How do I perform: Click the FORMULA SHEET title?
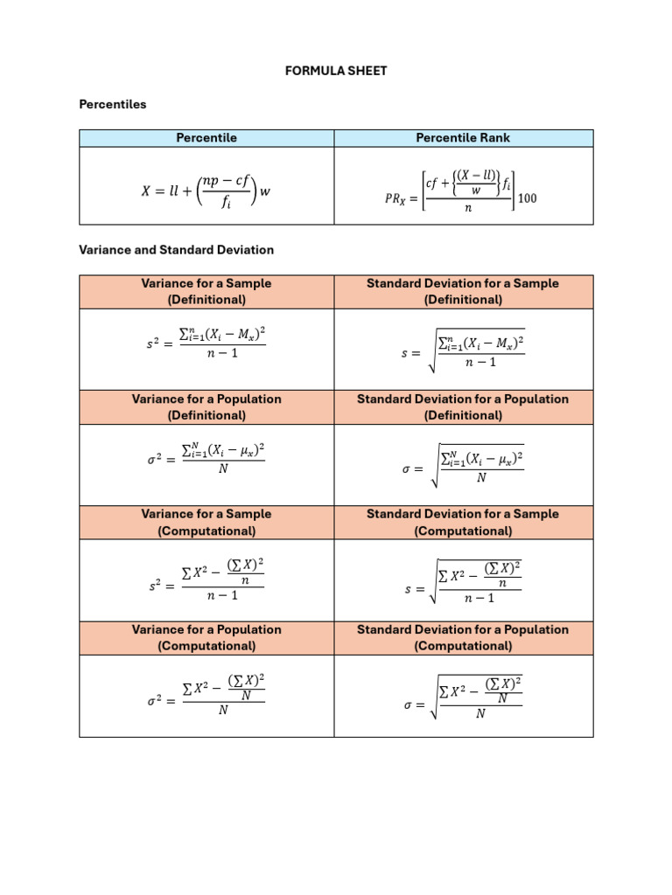[x=335, y=71]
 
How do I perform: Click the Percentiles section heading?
[x=113, y=105]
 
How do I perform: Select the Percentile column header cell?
[x=206, y=138]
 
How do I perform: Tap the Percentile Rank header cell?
[x=464, y=138]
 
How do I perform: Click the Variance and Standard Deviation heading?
[x=176, y=250]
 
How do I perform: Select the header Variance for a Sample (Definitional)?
[x=206, y=292]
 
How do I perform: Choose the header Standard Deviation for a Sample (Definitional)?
[x=464, y=292]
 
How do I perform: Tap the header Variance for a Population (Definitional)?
[x=206, y=407]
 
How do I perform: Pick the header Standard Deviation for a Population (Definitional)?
[x=464, y=407]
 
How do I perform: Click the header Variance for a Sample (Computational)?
[x=206, y=523]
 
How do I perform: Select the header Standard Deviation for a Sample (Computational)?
[x=464, y=523]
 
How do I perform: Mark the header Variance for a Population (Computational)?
[x=206, y=638]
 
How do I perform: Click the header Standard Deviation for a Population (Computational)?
[x=464, y=638]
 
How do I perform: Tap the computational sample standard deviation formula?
[x=463, y=582]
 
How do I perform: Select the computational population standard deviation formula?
[x=463, y=697]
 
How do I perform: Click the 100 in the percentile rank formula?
[x=528, y=198]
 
